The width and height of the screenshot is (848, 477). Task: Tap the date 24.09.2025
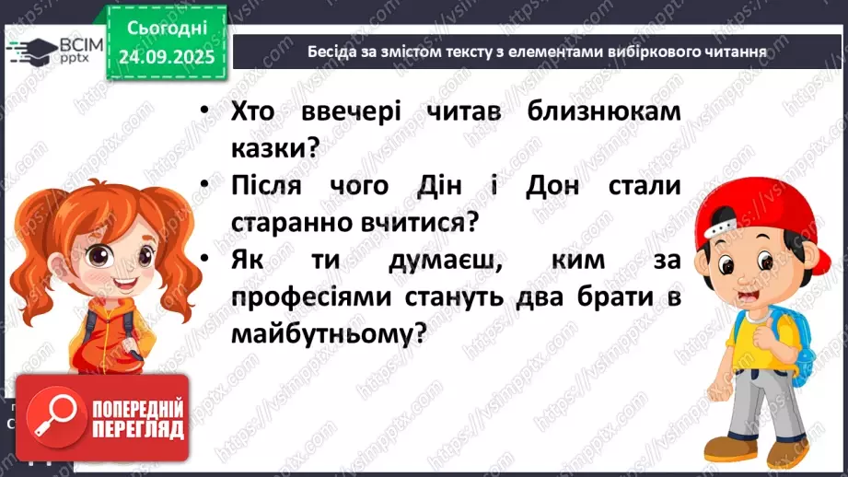coord(166,56)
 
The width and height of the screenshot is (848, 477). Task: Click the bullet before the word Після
coord(203,185)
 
